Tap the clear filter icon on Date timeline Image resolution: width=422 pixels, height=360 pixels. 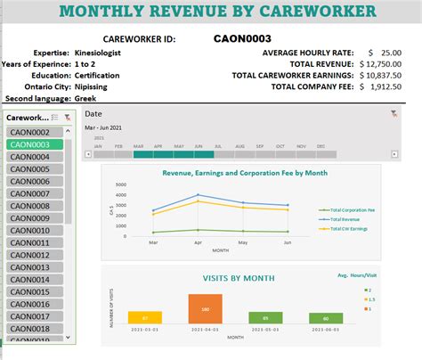[394, 114]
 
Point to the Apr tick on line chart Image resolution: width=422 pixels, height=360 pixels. [198, 241]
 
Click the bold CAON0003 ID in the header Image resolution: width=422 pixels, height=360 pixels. [243, 38]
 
